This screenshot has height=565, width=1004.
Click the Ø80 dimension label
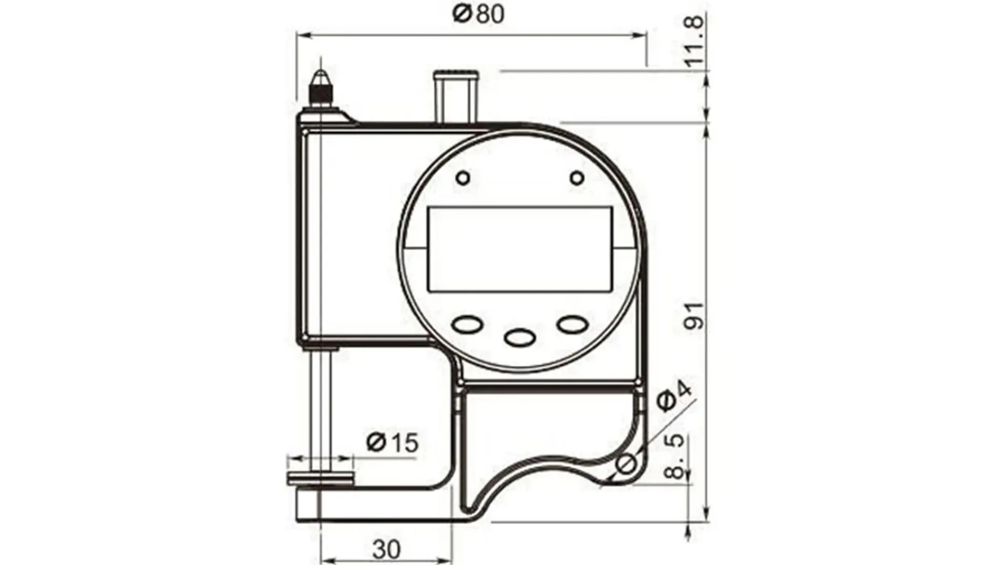click(x=478, y=14)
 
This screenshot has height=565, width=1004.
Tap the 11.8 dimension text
click(x=695, y=41)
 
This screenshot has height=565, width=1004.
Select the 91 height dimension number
click(x=695, y=316)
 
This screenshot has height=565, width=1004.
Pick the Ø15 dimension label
click(x=393, y=442)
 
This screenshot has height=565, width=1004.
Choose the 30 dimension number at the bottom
click(x=386, y=549)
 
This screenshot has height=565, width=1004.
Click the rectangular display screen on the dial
click(x=520, y=249)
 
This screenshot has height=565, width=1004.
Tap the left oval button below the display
click(x=467, y=324)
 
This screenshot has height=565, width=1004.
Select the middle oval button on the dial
click(x=520, y=337)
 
